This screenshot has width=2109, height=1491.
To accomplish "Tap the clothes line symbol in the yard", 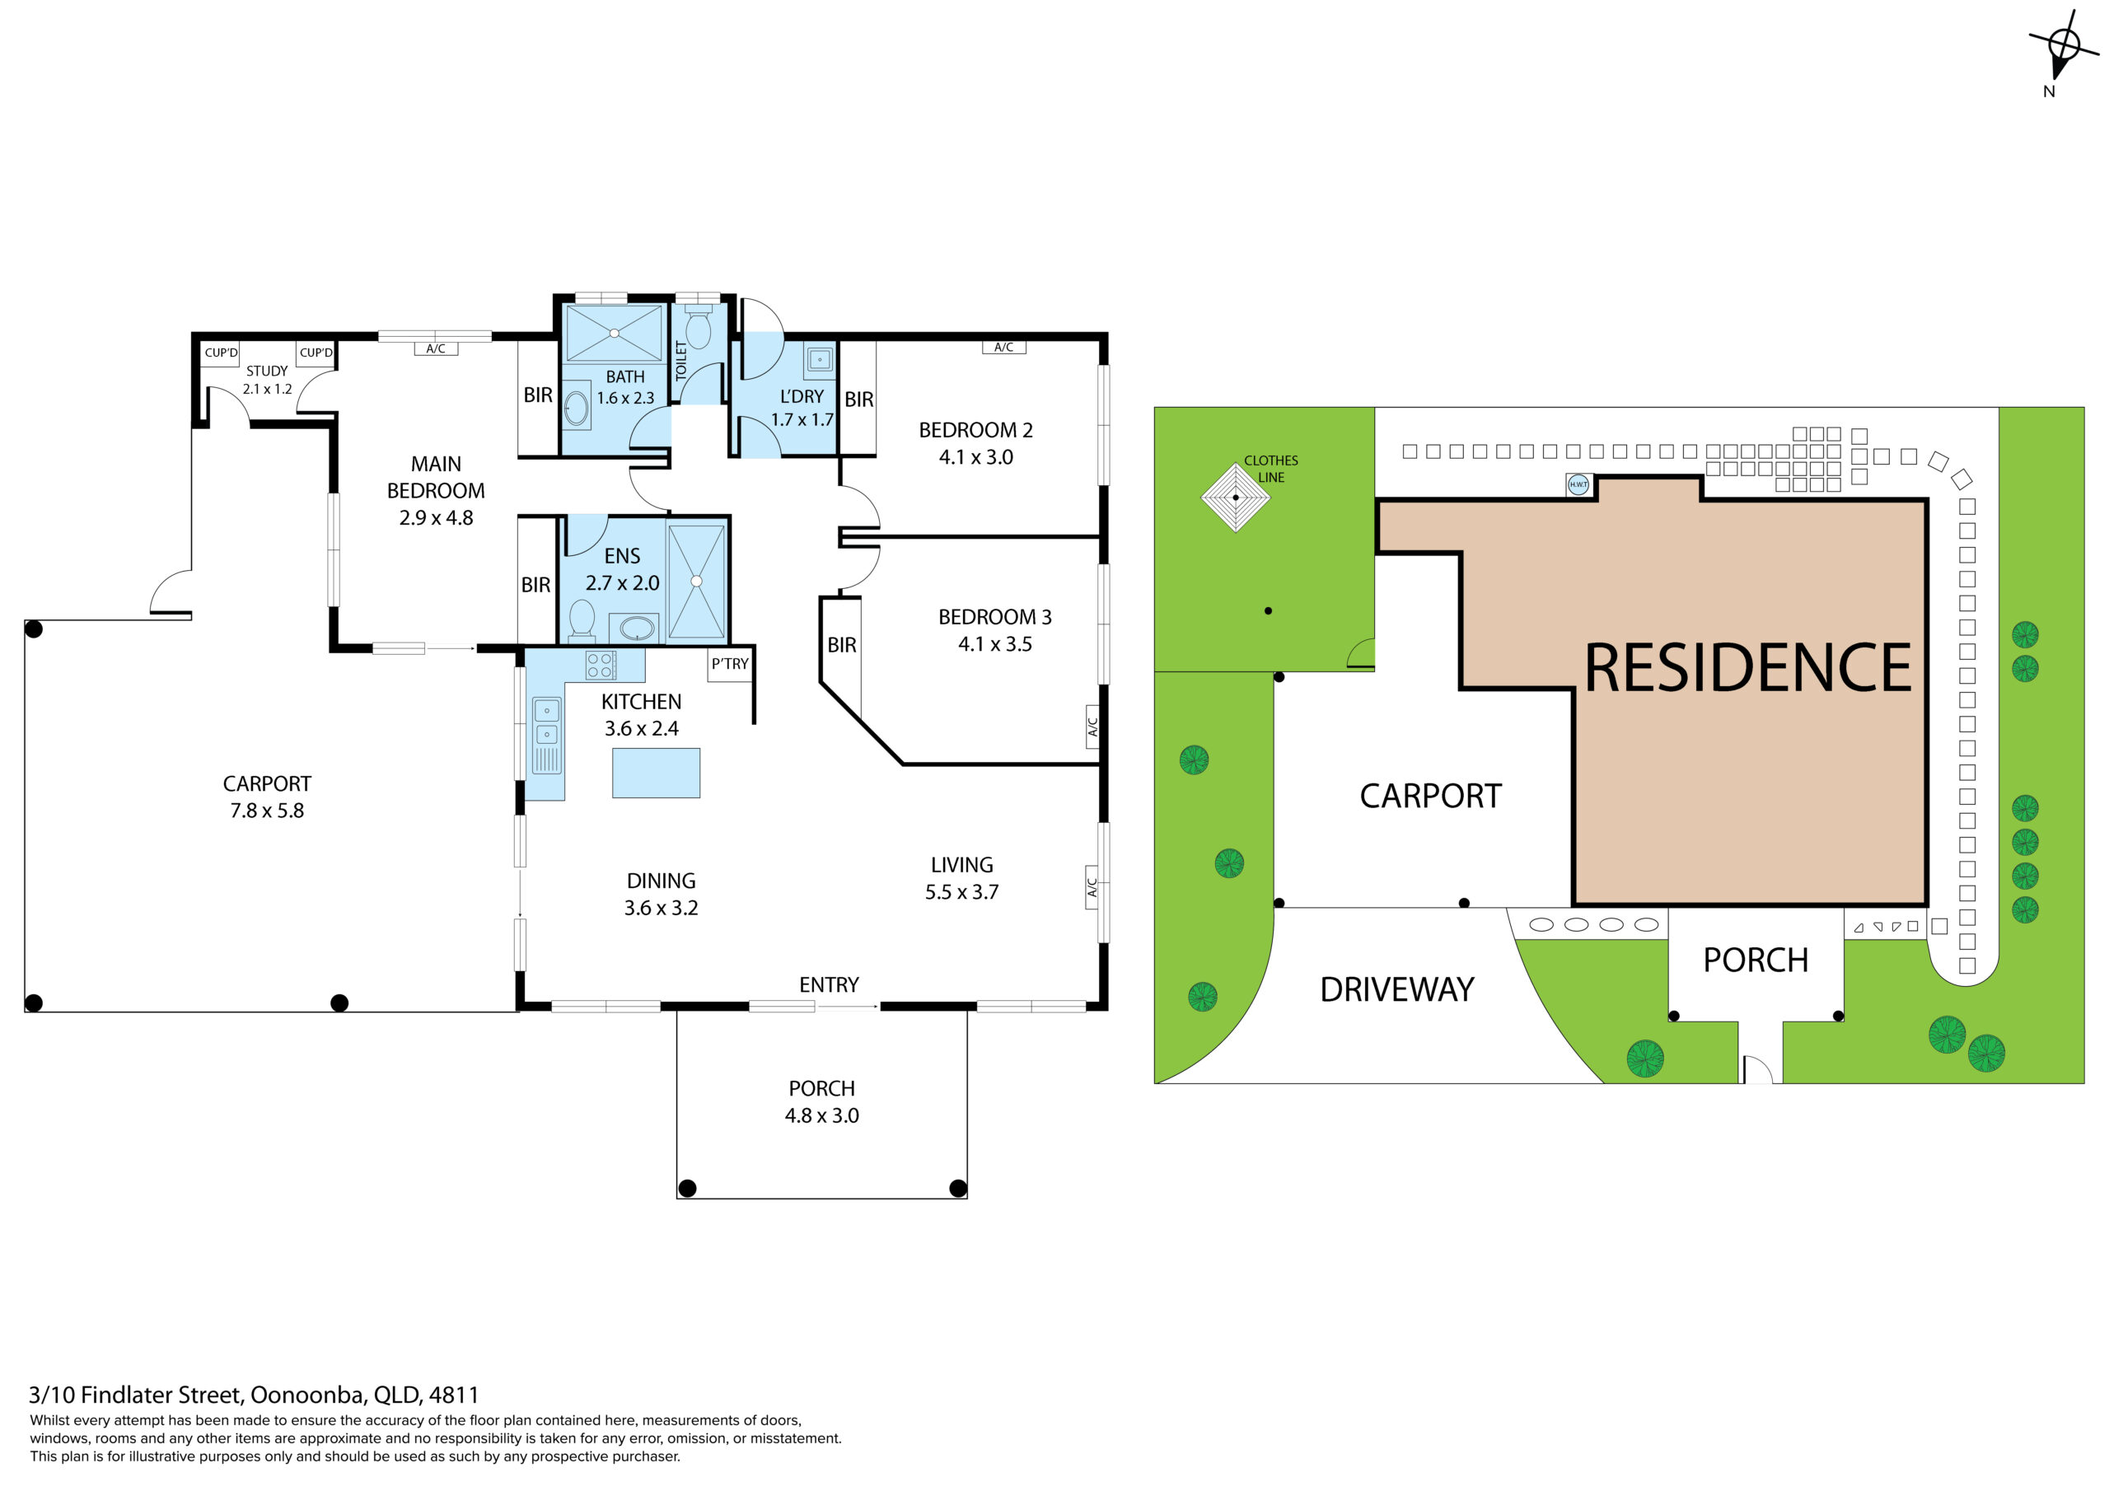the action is (x=1236, y=497).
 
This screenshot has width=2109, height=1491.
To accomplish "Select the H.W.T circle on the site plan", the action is (x=1578, y=484).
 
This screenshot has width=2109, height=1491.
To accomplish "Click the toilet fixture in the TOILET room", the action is (x=698, y=327).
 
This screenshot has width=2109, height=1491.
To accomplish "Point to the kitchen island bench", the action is (x=656, y=773).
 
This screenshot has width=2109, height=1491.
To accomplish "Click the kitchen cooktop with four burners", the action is (x=601, y=665).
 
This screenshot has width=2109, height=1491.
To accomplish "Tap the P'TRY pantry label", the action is (x=729, y=664).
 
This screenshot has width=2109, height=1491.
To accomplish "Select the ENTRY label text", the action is (x=829, y=985).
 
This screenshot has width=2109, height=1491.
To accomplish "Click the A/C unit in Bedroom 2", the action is (x=1003, y=348).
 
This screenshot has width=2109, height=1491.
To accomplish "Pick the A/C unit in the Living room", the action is (x=1092, y=887).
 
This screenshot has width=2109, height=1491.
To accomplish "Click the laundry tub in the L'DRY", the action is (x=820, y=359).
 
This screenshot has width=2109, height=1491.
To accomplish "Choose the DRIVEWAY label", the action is (x=1396, y=989).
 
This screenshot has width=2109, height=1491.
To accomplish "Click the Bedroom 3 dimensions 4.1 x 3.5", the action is (x=995, y=644).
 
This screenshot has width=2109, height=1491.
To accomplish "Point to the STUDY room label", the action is (x=266, y=372).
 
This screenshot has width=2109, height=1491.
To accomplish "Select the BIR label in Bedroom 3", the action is (x=841, y=645).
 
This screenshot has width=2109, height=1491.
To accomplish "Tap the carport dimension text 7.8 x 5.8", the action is (x=266, y=811).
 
